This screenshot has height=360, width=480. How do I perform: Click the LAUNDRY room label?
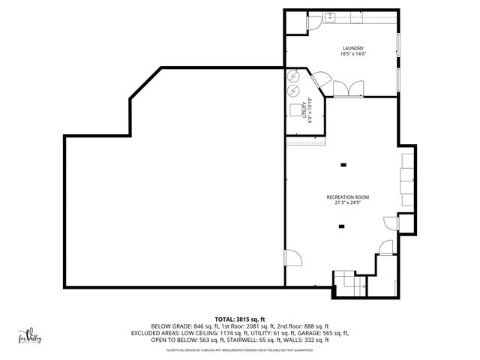pyautogui.click(x=343, y=48)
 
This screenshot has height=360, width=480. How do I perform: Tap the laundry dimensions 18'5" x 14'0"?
pyautogui.click(x=343, y=54)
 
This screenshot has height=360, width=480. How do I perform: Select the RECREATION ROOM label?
pyautogui.click(x=347, y=197)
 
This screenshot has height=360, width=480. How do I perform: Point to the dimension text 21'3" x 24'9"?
pyautogui.click(x=347, y=203)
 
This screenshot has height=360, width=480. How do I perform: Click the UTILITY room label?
pyautogui.click(x=305, y=110)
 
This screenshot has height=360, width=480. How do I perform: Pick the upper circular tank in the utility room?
pyautogui.click(x=293, y=77)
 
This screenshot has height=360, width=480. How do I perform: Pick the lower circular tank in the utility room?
pyautogui.click(x=293, y=91)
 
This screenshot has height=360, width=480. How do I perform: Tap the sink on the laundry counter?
pyautogui.click(x=330, y=16)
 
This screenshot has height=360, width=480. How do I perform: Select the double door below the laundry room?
pyautogui.click(x=347, y=91)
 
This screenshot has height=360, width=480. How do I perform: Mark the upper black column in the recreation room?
pyautogui.click(x=343, y=165)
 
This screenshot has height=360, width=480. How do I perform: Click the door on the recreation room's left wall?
pyautogui.click(x=293, y=259)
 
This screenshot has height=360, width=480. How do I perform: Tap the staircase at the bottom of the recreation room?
pyautogui.click(x=347, y=283)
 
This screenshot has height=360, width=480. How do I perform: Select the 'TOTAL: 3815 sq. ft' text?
pyautogui.click(x=240, y=319)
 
